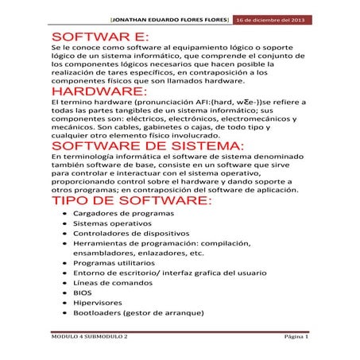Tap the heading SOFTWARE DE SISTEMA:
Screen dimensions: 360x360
[x=142, y=146]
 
